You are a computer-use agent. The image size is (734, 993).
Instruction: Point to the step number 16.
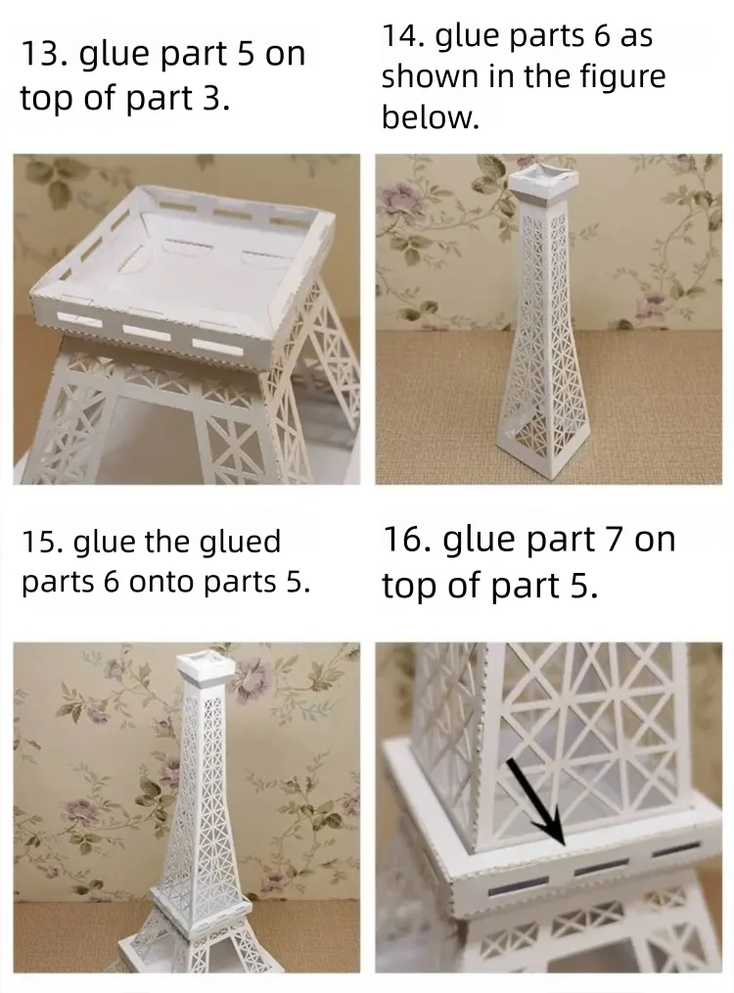point(404,540)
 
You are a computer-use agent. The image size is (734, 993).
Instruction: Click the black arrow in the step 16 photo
point(536,801)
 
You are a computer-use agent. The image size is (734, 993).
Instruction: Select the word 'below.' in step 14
point(431,118)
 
